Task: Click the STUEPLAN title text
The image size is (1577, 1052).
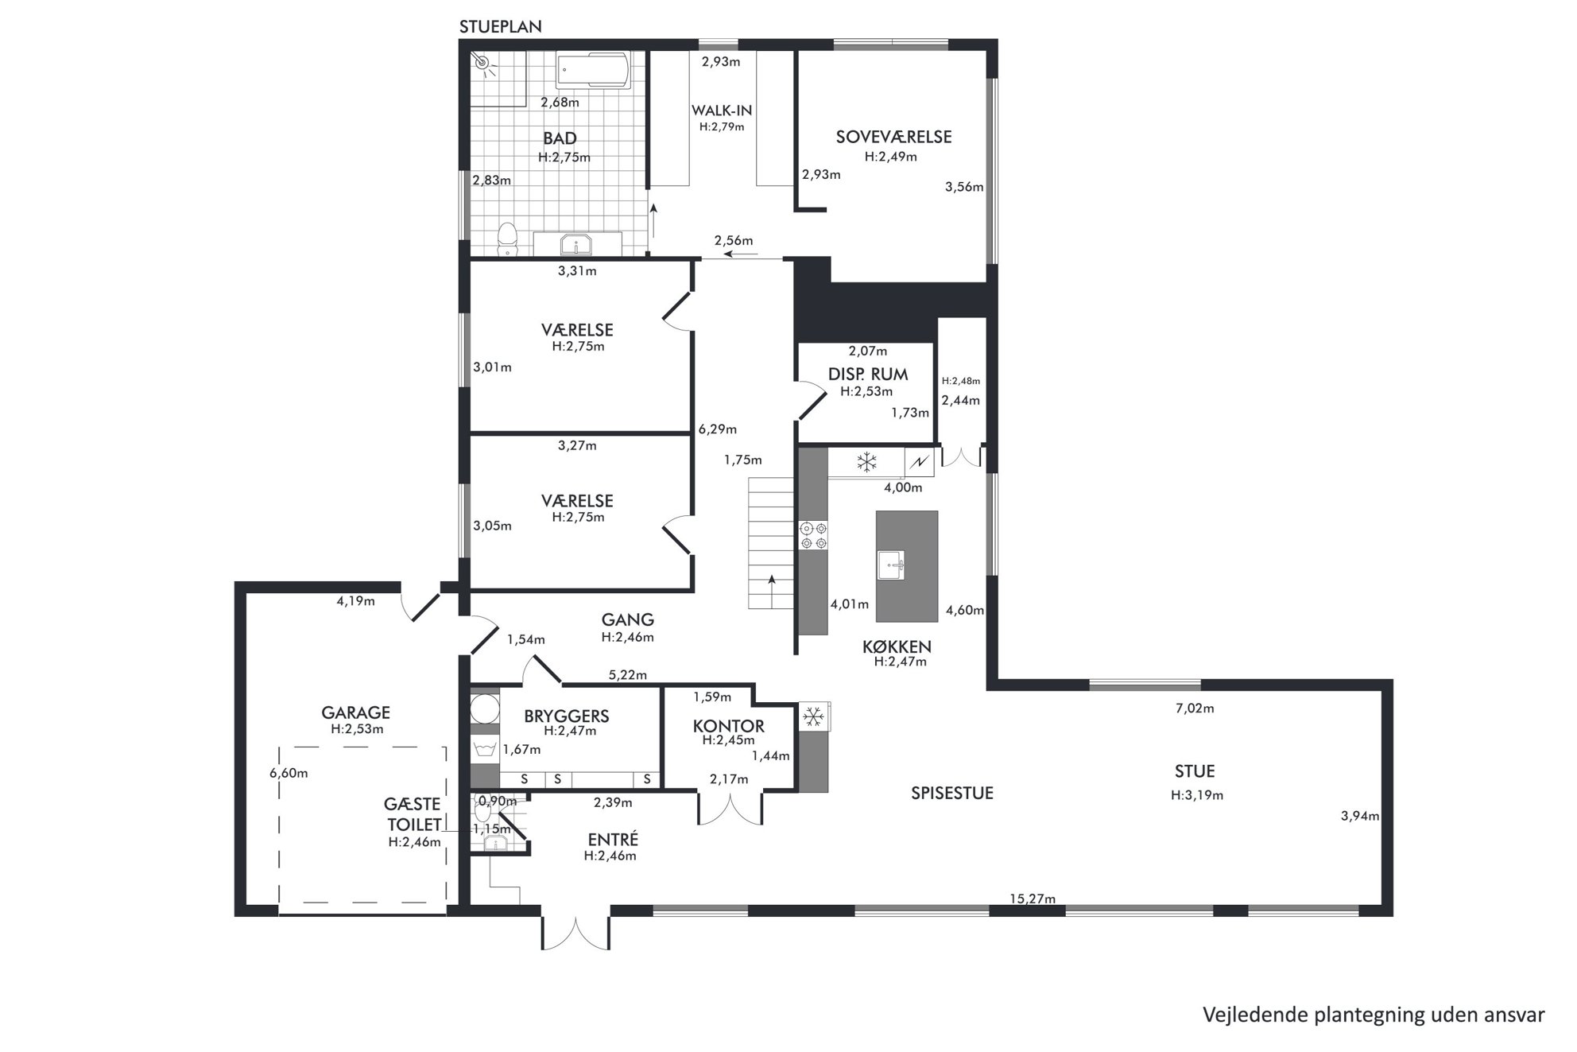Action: [501, 27]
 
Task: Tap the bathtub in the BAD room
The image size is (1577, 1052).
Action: [592, 72]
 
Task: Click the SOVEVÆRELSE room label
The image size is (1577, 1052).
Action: [893, 137]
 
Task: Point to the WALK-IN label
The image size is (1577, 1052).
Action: [722, 111]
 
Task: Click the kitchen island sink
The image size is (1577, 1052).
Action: [891, 565]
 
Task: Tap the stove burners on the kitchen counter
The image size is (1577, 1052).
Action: [813, 535]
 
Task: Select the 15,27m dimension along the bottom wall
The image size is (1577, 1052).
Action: [1033, 899]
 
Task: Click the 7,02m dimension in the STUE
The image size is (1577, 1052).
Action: [1195, 708]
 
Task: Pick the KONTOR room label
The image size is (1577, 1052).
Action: [728, 726]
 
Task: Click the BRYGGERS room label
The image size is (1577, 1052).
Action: [567, 716]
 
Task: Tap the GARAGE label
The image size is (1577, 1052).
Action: [355, 712]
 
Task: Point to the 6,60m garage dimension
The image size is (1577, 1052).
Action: [289, 773]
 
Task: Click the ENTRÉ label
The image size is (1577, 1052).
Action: [613, 840]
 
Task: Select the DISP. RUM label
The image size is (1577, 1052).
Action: [868, 375]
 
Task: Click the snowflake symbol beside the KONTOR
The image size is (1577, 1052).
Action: [812, 717]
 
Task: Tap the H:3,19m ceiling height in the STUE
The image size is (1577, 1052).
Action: [1196, 795]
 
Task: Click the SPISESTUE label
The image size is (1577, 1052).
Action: [952, 794]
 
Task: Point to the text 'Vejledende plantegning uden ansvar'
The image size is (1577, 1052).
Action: [1374, 1015]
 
